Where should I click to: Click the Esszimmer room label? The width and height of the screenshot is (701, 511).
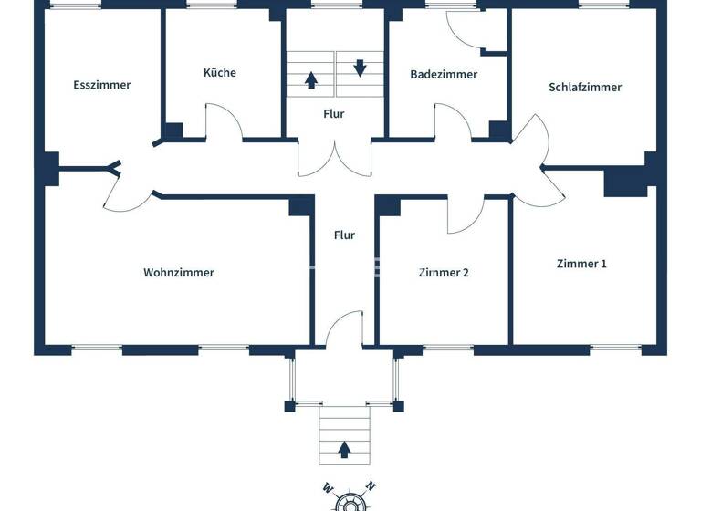tap(102, 85)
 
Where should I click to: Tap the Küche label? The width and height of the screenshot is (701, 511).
tap(219, 72)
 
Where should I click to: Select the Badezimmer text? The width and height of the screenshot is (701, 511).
tap(443, 74)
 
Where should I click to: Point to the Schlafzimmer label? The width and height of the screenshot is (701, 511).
tap(585, 87)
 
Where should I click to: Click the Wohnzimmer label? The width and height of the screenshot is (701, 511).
tap(179, 272)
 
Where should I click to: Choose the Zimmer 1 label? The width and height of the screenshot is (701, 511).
tap(581, 263)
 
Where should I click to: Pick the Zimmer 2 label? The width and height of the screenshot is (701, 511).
tap(444, 272)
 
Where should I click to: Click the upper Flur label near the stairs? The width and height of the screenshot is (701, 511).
tap(333, 114)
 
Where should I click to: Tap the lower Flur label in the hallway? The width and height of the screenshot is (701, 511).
tap(344, 235)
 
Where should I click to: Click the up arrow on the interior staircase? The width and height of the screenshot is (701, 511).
tap(311, 79)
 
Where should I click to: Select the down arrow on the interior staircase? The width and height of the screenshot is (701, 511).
tap(360, 67)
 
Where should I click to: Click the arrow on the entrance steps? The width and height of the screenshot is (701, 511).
tap(345, 448)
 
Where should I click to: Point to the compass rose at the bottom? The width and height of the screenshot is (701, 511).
tap(346, 500)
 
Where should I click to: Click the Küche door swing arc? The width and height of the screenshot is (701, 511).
tap(224, 123)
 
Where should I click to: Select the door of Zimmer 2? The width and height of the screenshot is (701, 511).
tap(465, 215)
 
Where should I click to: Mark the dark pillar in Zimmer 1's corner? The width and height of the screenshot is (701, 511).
tap(625, 182)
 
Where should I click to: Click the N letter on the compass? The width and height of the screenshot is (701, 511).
tap(369, 485)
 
